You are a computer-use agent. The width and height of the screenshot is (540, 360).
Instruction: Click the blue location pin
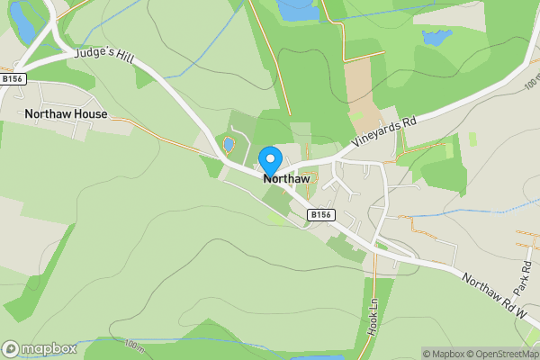[x=269, y=160]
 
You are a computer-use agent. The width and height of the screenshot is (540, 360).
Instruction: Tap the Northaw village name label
[x=286, y=179]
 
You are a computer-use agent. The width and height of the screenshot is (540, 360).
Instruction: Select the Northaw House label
[x=66, y=114]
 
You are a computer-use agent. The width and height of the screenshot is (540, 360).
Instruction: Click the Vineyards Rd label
[x=384, y=133]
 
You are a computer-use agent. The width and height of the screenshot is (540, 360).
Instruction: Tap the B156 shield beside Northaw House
[x=13, y=79]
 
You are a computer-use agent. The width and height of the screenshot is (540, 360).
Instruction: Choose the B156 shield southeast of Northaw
[x=320, y=214]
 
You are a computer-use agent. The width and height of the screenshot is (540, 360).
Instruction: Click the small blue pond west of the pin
[x=229, y=144]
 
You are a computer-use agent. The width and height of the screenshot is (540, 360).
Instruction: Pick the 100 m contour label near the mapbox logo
[x=134, y=346]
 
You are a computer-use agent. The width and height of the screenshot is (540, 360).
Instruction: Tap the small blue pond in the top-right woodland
[x=436, y=38]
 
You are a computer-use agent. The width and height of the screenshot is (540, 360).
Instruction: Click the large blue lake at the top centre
[x=297, y=10]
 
